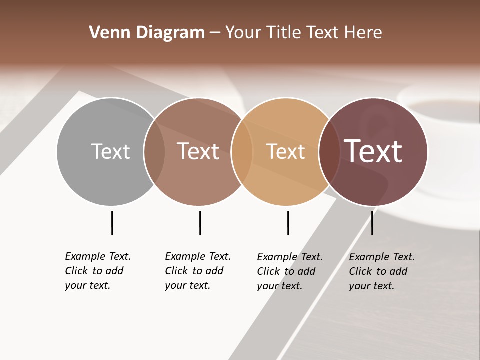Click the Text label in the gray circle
[x=110, y=151]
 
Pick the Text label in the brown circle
[x=198, y=151]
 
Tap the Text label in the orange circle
[x=285, y=152]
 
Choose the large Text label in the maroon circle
[x=373, y=151]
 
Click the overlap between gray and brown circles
[x=154, y=151]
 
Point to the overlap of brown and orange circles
[x=242, y=151]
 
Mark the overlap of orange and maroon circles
[x=329, y=151]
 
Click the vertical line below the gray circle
[x=112, y=223]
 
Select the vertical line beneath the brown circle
[x=200, y=223]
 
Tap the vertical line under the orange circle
[x=288, y=223]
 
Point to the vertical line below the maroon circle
[x=372, y=223]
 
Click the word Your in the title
[x=243, y=33]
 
